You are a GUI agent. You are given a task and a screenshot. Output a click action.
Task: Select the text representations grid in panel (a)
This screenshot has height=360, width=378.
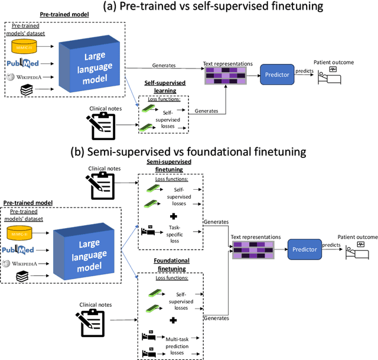tap(225, 74)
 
